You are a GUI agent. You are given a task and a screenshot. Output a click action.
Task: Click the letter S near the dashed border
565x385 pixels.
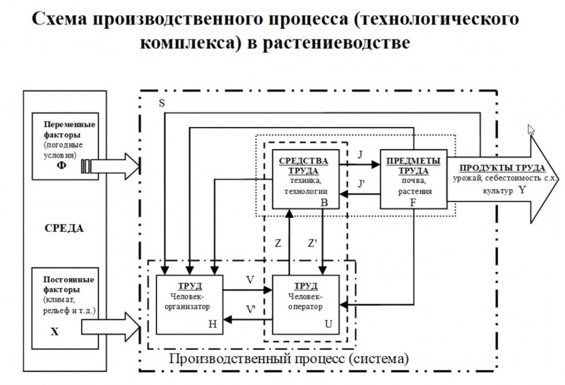coord(161,104)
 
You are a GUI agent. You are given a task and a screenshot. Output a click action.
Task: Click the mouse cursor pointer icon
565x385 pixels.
coord(531,130)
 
